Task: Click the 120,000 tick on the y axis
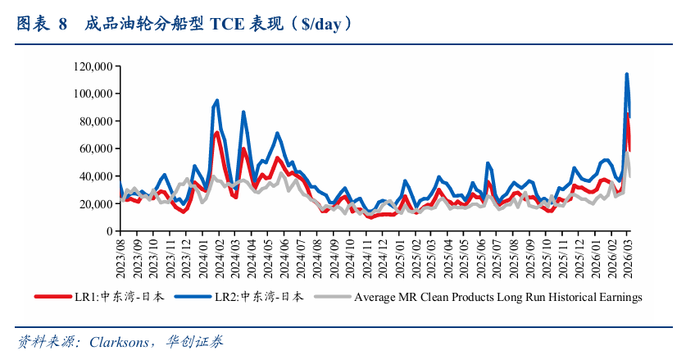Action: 92,66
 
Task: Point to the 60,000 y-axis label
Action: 94,148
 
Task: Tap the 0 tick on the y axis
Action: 110,230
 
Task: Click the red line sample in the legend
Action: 52,297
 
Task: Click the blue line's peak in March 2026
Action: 627,75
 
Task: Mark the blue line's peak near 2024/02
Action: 216,101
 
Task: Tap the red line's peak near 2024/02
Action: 217,133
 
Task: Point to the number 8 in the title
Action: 62,24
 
